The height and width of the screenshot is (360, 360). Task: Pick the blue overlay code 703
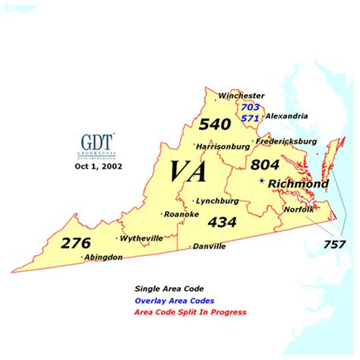click(251, 108)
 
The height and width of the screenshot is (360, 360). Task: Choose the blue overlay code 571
click(251, 118)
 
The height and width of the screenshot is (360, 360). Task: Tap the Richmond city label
click(299, 184)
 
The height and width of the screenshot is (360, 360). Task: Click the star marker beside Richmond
click(263, 182)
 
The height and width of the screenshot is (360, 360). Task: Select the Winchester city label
click(241, 96)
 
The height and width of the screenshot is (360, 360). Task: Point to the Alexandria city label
click(286, 116)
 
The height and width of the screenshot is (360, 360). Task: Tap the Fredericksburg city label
click(286, 142)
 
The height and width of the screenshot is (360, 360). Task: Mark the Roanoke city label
click(182, 214)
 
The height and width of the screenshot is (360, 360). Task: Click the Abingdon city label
click(103, 257)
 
